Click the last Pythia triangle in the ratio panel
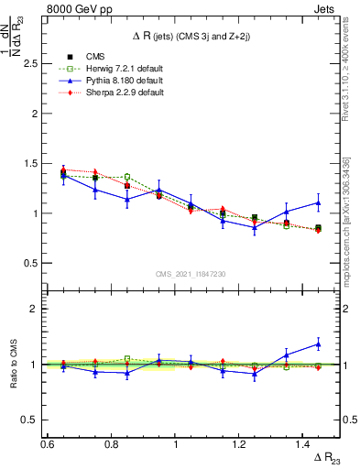318,344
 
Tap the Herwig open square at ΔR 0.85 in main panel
127,177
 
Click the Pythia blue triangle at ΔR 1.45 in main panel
318,203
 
